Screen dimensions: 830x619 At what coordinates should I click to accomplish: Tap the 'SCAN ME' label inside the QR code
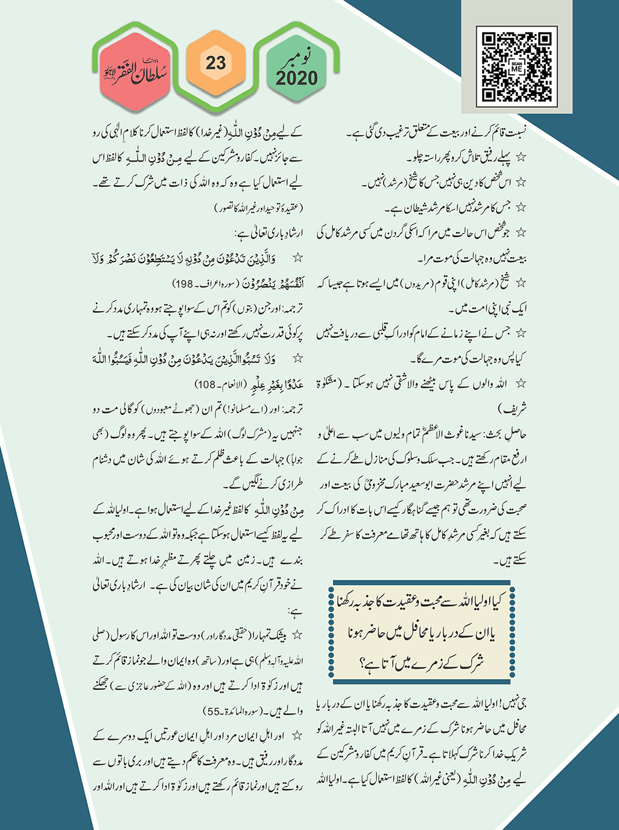click(516, 68)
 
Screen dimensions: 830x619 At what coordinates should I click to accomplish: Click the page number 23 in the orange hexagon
click(215, 63)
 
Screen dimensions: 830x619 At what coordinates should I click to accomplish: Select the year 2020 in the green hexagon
click(296, 78)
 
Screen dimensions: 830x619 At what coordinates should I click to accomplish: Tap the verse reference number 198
click(182, 284)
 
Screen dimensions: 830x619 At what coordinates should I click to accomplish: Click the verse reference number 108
click(205, 385)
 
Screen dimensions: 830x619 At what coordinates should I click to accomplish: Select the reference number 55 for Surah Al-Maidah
click(214, 711)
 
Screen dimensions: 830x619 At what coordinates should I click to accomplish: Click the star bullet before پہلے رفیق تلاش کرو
click(520, 157)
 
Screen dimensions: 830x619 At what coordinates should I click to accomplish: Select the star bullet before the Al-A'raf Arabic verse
click(297, 258)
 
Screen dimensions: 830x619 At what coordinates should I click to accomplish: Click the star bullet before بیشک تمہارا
click(297, 635)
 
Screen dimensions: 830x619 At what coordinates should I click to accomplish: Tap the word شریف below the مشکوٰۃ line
click(513, 408)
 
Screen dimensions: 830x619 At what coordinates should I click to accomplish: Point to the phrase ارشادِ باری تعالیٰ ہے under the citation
click(268, 233)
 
